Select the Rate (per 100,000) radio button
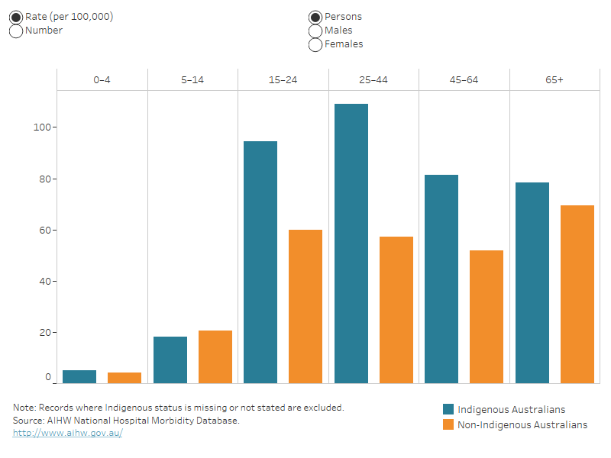tap(16, 17)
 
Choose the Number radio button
tap(16, 31)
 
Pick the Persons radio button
tap(315, 17)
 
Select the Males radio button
tap(315, 31)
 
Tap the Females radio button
tap(315, 44)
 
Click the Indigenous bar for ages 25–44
tap(351, 244)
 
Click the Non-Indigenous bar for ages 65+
tap(577, 294)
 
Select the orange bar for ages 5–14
tap(215, 356)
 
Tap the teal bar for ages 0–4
tap(79, 376)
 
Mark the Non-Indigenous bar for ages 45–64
tap(487, 317)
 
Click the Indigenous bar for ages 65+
tap(532, 282)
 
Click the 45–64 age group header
tap(464, 79)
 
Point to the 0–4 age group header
tap(102, 79)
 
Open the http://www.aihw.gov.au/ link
tap(67, 433)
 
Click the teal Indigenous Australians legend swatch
tap(448, 409)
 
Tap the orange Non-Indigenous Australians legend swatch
tap(448, 424)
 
